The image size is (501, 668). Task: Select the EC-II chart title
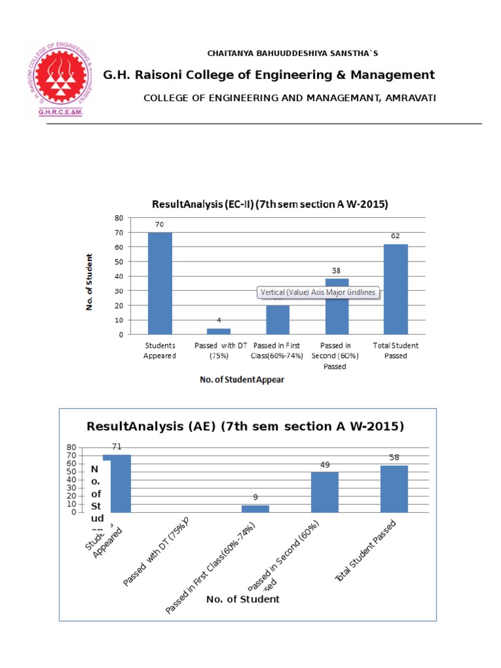[269, 204]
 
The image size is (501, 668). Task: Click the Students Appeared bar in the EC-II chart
[160, 283]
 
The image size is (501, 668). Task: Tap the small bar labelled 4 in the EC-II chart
[219, 331]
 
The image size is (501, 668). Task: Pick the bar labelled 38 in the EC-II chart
[337, 307]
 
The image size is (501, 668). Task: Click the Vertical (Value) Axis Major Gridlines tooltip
[318, 292]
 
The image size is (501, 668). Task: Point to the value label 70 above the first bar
[159, 224]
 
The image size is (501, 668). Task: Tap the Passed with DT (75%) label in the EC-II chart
[219, 350]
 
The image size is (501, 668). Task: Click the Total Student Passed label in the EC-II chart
[395, 350]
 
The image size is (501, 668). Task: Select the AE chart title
[245, 427]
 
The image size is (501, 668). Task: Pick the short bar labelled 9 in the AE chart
[255, 508]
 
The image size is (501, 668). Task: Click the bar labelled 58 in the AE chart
[394, 489]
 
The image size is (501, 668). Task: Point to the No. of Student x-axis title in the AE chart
[243, 599]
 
